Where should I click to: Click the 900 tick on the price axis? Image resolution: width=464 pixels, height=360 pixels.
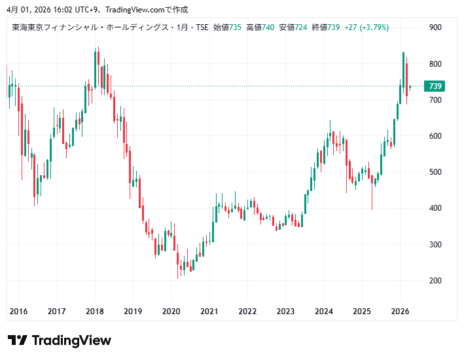click(435, 27)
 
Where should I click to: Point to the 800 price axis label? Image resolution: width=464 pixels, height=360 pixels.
click(435, 63)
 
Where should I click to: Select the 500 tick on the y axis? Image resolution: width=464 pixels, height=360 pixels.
click(435, 172)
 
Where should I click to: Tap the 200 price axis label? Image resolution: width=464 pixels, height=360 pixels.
click(435, 280)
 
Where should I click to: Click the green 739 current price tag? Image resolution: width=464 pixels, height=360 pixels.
click(435, 86)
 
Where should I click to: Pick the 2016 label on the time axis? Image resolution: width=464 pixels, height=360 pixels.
click(18, 312)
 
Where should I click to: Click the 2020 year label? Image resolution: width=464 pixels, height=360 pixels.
click(171, 312)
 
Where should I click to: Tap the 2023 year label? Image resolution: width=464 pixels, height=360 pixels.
click(285, 312)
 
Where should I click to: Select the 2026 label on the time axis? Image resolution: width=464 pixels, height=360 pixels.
click(400, 312)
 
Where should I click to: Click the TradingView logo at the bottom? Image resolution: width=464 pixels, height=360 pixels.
click(60, 340)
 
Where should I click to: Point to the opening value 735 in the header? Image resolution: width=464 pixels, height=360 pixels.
click(234, 27)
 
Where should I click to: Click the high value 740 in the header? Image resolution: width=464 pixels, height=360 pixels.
click(268, 27)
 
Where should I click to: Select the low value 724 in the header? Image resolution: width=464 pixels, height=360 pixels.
click(300, 27)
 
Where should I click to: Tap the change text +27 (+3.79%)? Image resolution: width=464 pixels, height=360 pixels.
click(366, 27)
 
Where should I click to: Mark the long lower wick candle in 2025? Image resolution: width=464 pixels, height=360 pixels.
click(372, 190)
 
